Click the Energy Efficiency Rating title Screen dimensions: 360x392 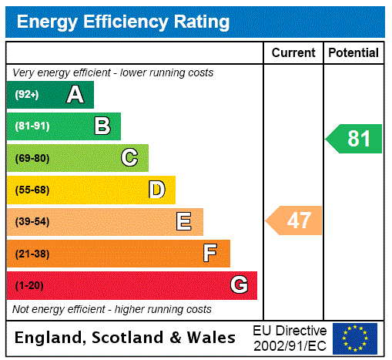point(123,22)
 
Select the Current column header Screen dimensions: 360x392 point(293,52)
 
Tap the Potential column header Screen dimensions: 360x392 point(353,52)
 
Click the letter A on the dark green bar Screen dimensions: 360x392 point(75,95)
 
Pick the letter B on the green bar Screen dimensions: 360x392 point(102,126)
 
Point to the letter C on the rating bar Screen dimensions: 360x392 point(129,158)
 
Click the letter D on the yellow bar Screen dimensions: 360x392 point(156,190)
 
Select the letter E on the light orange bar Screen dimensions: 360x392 point(184,222)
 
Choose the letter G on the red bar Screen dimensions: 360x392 point(240,285)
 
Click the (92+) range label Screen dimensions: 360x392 point(27,95)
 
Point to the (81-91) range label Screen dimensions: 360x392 point(32,126)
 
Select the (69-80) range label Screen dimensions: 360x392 point(32,158)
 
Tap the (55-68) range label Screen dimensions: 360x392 point(32,190)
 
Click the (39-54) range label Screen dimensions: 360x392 point(32,222)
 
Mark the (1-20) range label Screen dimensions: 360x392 point(29,285)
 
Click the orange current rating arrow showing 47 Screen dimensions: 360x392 point(294,220)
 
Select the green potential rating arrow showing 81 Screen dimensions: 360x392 point(354,139)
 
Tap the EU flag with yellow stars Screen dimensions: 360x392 point(355,338)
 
